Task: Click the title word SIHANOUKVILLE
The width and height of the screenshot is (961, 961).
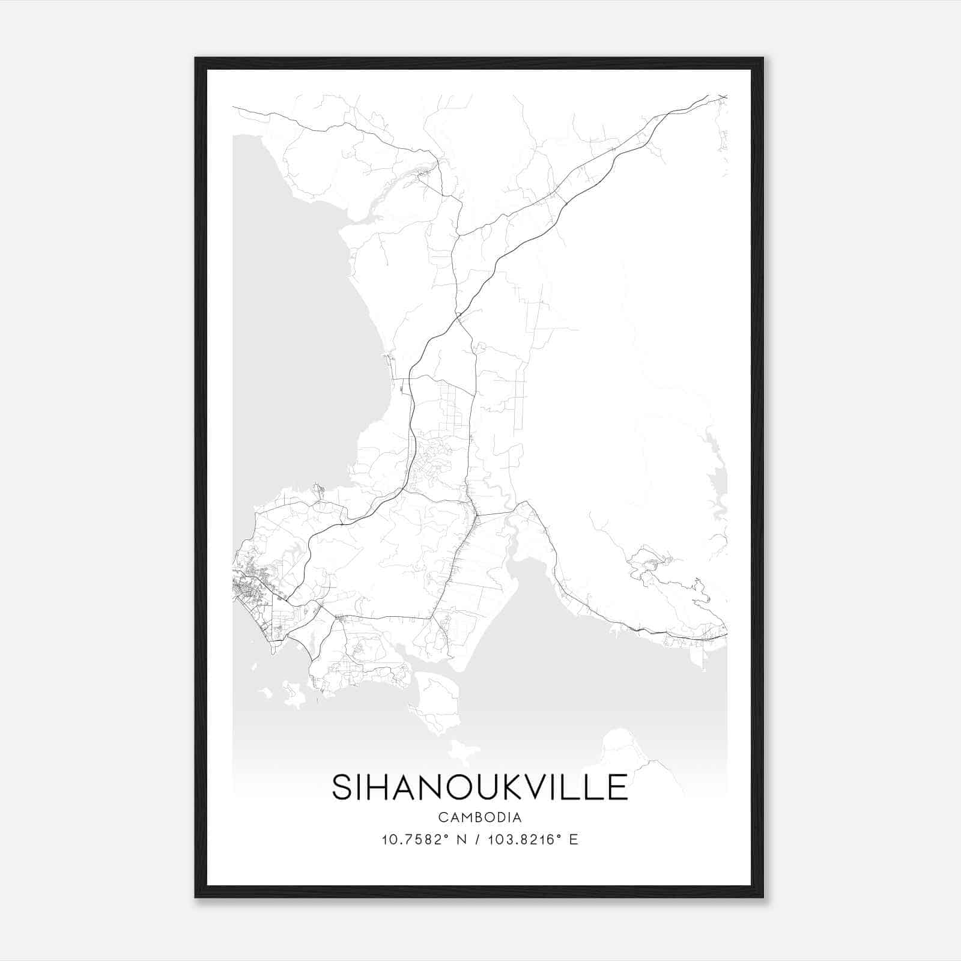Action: coord(480,787)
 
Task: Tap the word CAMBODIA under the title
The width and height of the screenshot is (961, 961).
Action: coord(480,817)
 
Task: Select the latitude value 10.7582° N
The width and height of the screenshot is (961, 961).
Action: coord(424,840)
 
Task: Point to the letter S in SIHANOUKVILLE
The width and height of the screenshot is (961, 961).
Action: coord(341,787)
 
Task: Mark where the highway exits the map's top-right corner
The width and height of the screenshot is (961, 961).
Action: coord(723,96)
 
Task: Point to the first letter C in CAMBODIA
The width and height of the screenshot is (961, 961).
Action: coord(443,817)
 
